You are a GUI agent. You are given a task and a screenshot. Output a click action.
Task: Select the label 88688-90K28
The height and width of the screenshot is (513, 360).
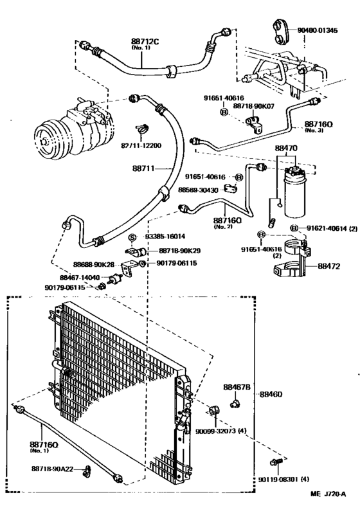coord(94,264)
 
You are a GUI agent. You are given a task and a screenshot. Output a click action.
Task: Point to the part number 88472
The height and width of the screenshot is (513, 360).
coord(332,265)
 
